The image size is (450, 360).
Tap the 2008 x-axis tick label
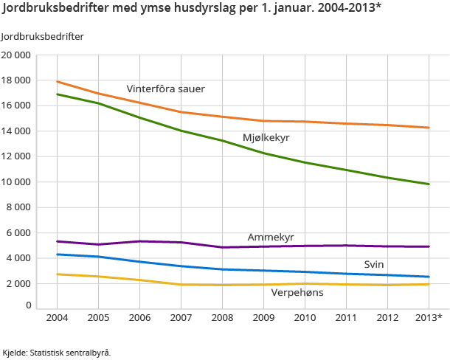click(224, 317)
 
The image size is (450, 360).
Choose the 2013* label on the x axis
click(429, 317)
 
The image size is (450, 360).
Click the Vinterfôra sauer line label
click(165, 89)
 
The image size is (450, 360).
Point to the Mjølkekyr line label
click(266, 138)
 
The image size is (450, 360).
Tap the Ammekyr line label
click(271, 237)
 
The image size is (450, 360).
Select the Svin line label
click(373, 264)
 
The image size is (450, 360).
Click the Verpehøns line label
click(297, 292)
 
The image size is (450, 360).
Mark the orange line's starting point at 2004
click(57, 81)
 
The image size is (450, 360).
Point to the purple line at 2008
click(224, 247)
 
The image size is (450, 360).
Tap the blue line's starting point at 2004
click(57, 255)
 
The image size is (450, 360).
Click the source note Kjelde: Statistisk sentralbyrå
click(57, 352)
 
